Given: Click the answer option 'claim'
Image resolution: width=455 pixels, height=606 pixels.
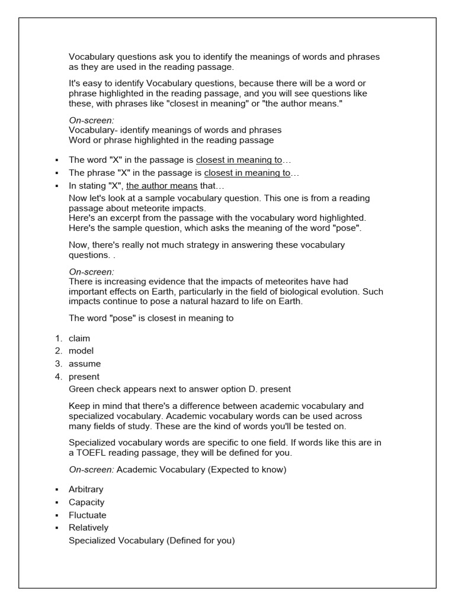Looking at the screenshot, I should click(x=79, y=339).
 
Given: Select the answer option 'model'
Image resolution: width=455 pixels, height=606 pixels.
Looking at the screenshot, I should click(x=81, y=351).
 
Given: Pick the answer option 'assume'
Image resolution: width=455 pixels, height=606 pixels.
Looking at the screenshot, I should click(x=85, y=364).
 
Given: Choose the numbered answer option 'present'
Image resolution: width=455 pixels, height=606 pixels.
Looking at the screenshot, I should click(x=84, y=376).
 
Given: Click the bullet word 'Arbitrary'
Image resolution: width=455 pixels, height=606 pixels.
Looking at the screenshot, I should click(x=86, y=489).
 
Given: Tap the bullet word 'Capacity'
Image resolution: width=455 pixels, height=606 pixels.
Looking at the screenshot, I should click(x=86, y=502).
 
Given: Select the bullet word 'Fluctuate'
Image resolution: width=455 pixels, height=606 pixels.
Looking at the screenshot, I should click(x=88, y=515).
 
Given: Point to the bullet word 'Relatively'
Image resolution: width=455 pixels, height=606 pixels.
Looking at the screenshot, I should click(x=88, y=527).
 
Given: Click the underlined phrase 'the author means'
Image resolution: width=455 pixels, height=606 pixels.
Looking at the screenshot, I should click(x=162, y=185).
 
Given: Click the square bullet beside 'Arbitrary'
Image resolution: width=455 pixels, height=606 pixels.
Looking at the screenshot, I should click(x=56, y=490).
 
